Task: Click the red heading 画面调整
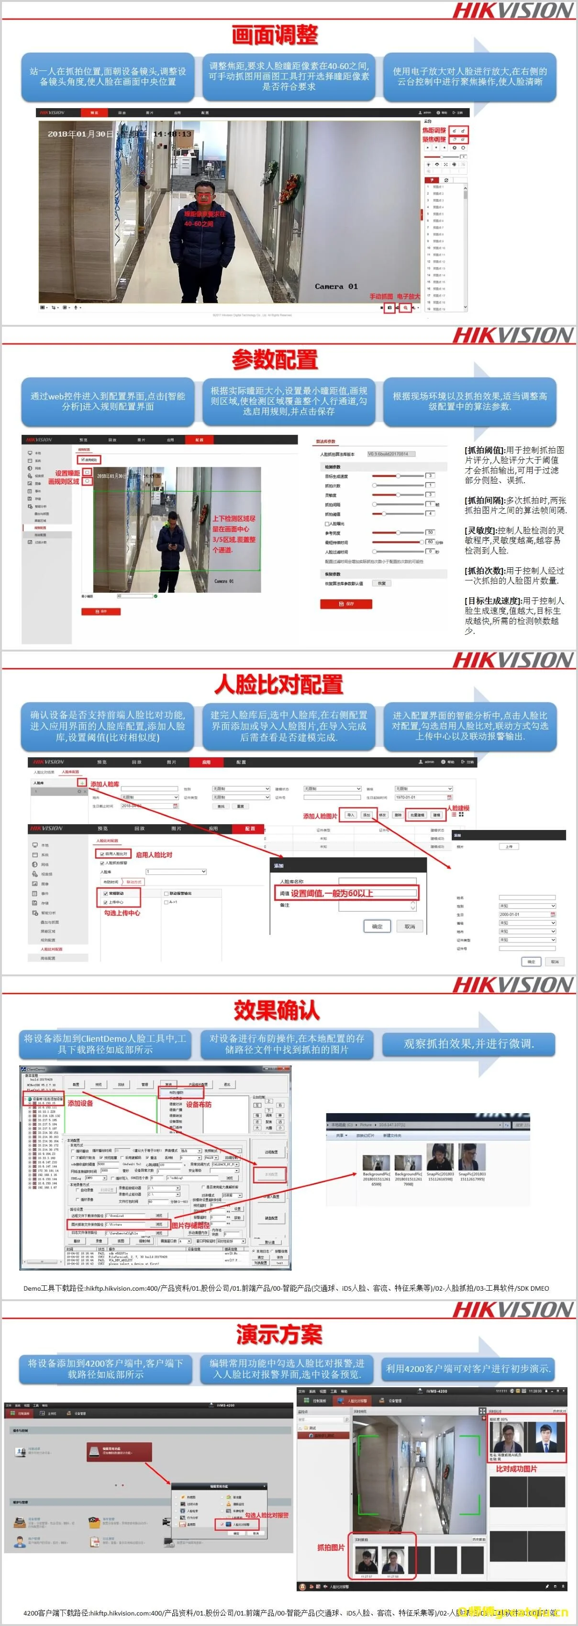click(x=275, y=35)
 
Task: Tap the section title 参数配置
click(x=275, y=360)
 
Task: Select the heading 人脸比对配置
click(x=279, y=684)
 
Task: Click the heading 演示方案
click(x=279, y=1334)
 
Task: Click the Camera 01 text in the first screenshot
click(x=336, y=287)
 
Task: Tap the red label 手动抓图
click(x=381, y=296)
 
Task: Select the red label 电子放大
click(x=408, y=296)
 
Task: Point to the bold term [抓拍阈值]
click(x=485, y=450)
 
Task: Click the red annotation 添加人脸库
click(x=105, y=784)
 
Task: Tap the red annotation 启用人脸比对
click(x=154, y=855)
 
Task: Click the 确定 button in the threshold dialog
click(x=377, y=926)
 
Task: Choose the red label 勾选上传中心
click(x=122, y=913)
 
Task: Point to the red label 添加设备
click(x=80, y=1103)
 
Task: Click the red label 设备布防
click(x=199, y=1104)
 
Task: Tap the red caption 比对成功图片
click(x=516, y=1469)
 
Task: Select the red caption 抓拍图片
click(x=331, y=1547)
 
